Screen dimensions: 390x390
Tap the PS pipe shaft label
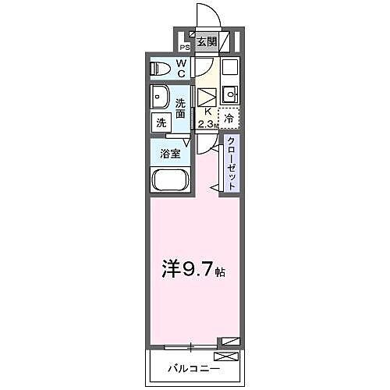(185, 47)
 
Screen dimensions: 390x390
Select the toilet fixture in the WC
(161, 68)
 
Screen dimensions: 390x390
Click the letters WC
(180, 68)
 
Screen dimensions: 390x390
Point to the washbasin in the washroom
(161, 99)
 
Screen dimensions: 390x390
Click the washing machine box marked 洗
(161, 122)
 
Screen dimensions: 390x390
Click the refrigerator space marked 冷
(229, 119)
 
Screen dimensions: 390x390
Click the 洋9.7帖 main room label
(193, 271)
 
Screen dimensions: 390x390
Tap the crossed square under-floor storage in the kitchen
(206, 97)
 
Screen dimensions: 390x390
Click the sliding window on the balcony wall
(190, 345)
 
